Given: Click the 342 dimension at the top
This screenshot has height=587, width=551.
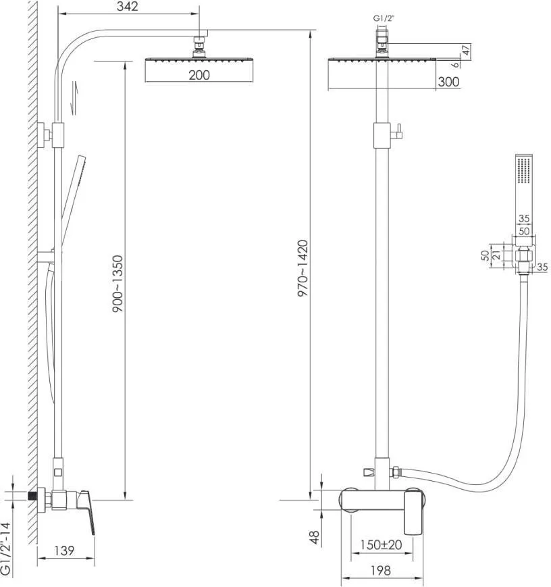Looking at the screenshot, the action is (x=127, y=6).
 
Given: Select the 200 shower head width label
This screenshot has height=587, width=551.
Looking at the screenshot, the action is (x=199, y=75).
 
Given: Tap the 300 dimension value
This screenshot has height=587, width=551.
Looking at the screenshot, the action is (x=448, y=81).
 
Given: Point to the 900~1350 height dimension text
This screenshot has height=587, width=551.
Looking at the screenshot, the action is (x=117, y=284).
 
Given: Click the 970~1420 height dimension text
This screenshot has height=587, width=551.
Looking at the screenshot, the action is (x=303, y=268).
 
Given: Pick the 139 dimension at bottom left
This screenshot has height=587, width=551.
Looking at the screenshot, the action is (x=64, y=551).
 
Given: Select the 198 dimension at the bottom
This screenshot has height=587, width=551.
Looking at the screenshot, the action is (x=381, y=570).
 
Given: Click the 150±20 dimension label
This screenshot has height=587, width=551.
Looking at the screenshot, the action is (x=381, y=544).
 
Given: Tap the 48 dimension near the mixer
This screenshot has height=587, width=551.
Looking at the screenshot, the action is (x=315, y=537).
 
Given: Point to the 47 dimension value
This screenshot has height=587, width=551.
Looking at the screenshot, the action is (x=466, y=50).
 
